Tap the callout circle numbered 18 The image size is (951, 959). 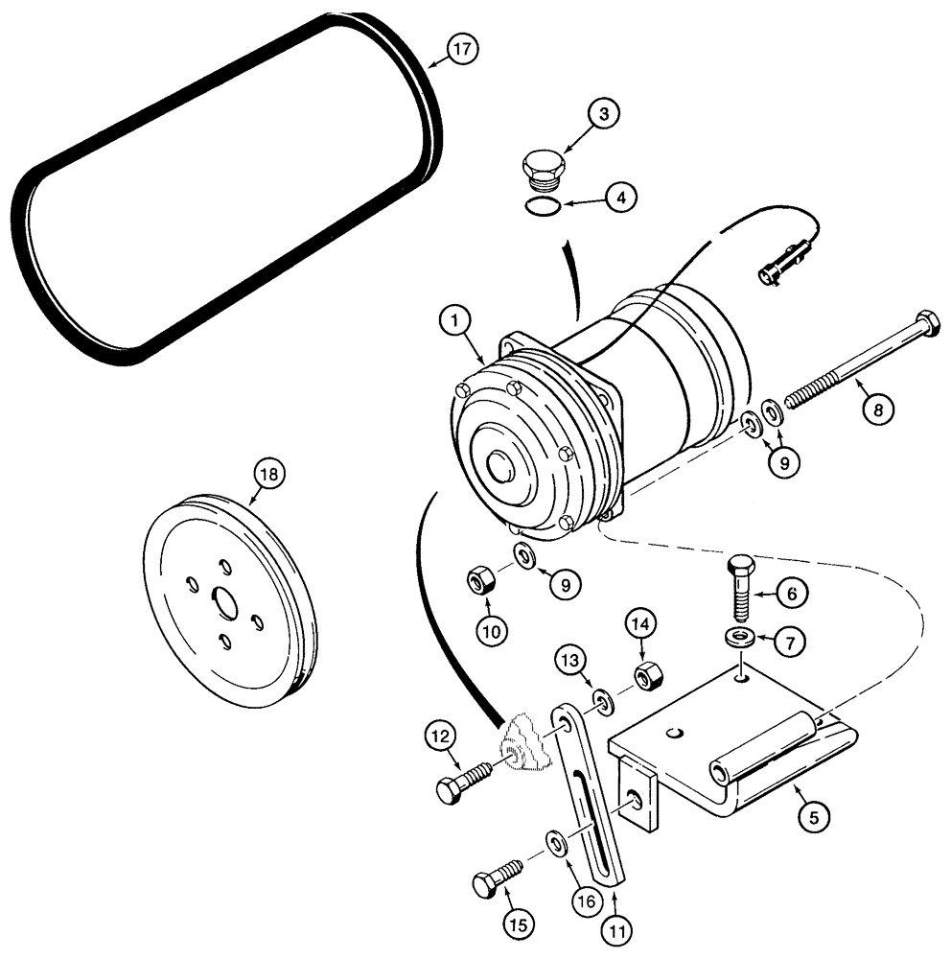click(x=268, y=475)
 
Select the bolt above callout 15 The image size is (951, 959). click(x=499, y=877)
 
